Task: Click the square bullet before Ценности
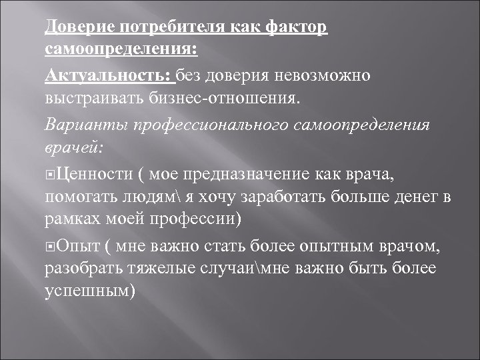coord(51,175)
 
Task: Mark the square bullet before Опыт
coord(51,248)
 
